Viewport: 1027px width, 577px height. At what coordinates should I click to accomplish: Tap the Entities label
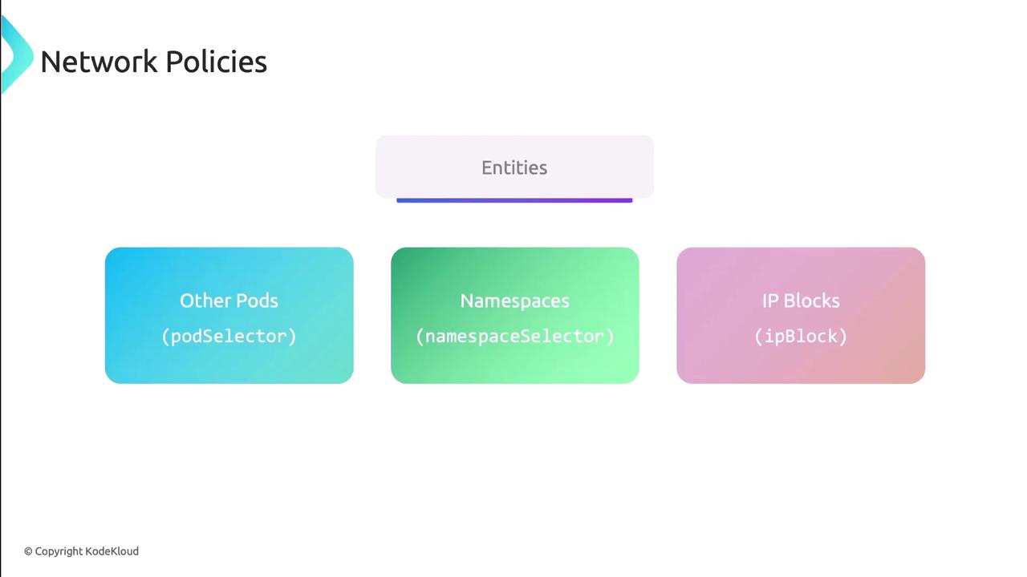point(514,167)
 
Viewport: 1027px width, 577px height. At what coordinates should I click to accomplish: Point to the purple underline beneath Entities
point(514,200)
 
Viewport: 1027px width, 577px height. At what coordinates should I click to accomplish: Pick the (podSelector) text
point(229,336)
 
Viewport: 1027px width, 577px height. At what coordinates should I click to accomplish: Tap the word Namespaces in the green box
point(514,301)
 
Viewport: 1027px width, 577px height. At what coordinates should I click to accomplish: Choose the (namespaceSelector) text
point(514,336)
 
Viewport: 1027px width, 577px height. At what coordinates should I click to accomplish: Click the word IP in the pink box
point(770,301)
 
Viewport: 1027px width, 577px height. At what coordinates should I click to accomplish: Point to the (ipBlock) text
point(801,336)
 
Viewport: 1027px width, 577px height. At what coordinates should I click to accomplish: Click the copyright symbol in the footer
point(28,551)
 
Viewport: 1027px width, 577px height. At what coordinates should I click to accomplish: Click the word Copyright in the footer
point(59,551)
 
